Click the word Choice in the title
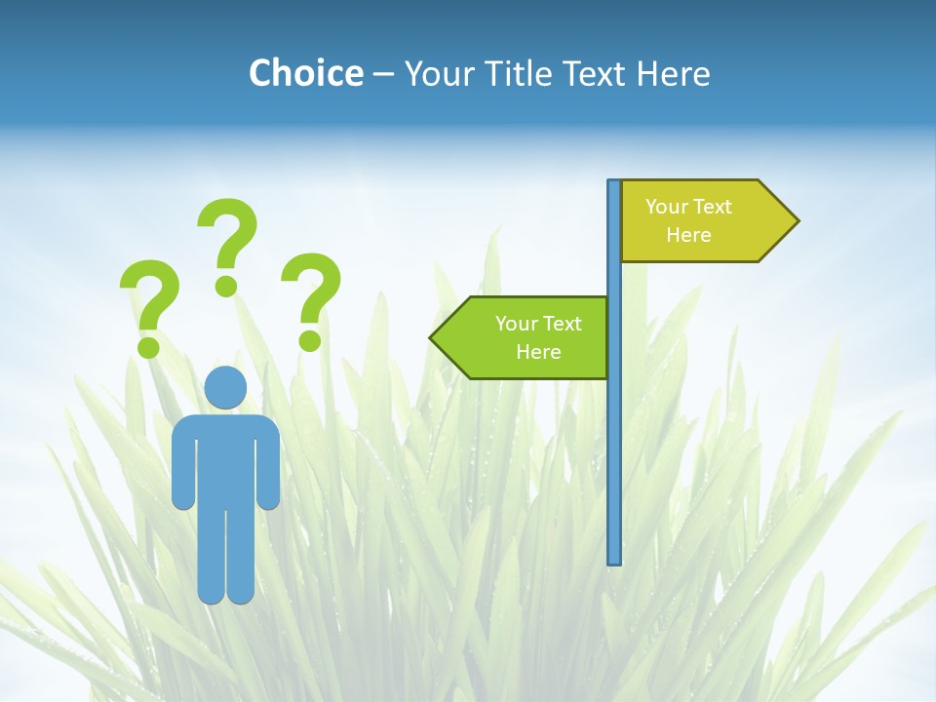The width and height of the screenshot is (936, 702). (305, 73)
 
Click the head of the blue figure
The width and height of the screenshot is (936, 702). (225, 387)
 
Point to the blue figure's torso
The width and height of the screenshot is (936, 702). (225, 458)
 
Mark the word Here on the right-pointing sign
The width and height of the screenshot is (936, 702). (688, 235)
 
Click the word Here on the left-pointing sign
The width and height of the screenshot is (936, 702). (538, 352)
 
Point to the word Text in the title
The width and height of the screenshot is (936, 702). (596, 73)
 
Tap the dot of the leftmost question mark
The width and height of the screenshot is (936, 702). (148, 346)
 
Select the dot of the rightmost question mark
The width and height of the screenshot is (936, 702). (310, 340)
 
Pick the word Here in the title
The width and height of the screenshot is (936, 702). (674, 73)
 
